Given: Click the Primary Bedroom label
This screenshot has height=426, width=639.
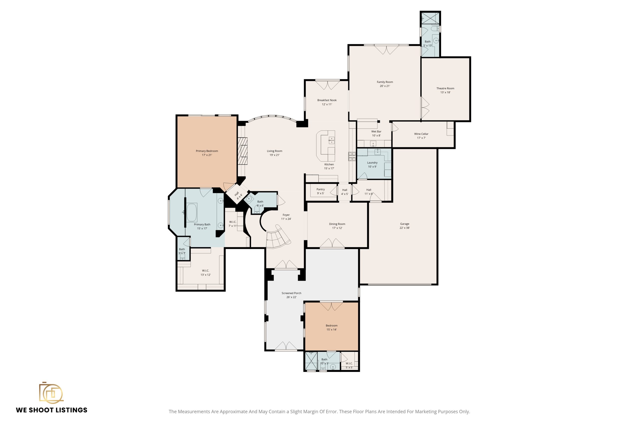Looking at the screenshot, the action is point(207,151).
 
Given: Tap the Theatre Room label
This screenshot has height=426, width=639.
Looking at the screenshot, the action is point(445,88).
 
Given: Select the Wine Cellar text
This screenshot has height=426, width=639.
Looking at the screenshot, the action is point(421,134).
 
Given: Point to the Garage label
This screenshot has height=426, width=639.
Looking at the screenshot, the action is point(405,224).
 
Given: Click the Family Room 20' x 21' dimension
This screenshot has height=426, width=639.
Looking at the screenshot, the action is point(385,86).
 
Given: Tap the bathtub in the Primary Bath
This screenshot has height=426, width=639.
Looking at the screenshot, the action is point(192,212).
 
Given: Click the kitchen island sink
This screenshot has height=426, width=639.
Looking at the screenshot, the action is point(331,140).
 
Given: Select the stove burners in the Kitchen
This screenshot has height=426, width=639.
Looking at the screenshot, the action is point(352,156).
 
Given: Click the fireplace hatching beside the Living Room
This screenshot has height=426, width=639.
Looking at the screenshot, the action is point(243,151).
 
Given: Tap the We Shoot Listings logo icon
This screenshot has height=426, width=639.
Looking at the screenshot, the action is point(51,392).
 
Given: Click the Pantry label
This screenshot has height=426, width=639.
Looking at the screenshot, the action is point(320,189).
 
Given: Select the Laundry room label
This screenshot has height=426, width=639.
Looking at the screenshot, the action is point(372,163).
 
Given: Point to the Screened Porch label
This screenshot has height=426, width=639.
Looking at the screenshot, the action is point(291,293).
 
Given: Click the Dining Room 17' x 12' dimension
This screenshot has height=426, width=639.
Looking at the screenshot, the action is point(337,228).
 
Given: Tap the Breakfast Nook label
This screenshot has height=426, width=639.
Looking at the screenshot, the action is point(327,100).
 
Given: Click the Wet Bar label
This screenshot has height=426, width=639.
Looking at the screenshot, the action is point(376,132).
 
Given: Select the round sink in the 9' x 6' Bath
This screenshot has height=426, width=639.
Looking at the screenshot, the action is point(249,198).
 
